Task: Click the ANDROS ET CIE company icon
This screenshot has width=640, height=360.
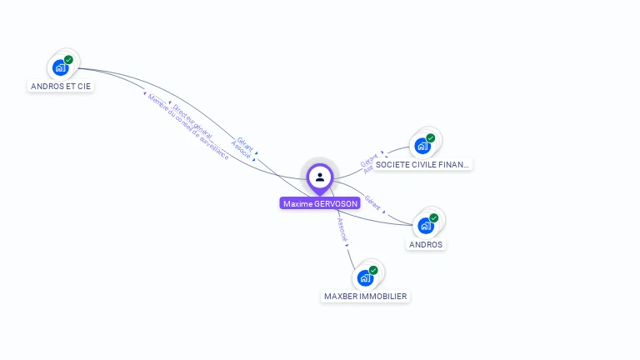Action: pyautogui.click(x=61, y=67)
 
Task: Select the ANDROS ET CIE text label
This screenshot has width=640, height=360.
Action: pyautogui.click(x=61, y=86)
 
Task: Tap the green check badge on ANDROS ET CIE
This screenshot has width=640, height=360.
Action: pyautogui.click(x=68, y=60)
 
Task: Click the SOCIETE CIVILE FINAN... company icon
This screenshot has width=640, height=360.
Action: pyautogui.click(x=423, y=146)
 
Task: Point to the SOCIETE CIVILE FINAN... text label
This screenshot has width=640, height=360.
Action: pyautogui.click(x=422, y=165)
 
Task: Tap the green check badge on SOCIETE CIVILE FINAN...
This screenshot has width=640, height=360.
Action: pyautogui.click(x=431, y=138)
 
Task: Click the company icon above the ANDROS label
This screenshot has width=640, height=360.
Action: pyautogui.click(x=426, y=226)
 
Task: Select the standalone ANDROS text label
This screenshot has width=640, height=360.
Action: pyautogui.click(x=426, y=245)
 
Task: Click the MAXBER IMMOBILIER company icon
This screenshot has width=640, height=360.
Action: pyautogui.click(x=365, y=277)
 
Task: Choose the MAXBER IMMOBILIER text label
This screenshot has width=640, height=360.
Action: pyautogui.click(x=366, y=297)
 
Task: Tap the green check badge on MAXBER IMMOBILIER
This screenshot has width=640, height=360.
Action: pyautogui.click(x=373, y=270)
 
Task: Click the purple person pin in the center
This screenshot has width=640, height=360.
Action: pyautogui.click(x=320, y=177)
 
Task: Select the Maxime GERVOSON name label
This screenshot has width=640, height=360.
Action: pyautogui.click(x=320, y=203)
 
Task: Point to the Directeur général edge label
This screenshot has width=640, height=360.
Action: pyautogui.click(x=192, y=121)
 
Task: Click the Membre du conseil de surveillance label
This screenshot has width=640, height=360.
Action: pyautogui.click(x=188, y=127)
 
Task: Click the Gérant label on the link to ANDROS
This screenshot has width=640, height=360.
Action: pyautogui.click(x=372, y=202)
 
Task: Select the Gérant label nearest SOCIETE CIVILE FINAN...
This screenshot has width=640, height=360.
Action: pyautogui.click(x=369, y=159)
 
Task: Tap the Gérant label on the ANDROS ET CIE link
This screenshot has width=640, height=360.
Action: pyautogui.click(x=245, y=142)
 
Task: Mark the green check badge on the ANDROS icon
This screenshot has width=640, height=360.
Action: pyautogui.click(x=434, y=218)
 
